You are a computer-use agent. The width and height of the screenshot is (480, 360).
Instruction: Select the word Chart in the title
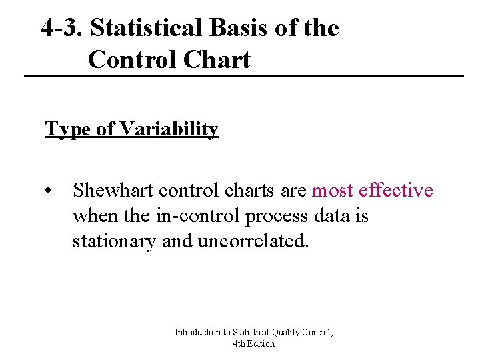click(218, 59)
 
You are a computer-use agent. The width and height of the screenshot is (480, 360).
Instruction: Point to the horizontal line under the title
click(243, 76)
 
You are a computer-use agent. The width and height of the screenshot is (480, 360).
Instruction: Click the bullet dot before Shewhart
click(49, 191)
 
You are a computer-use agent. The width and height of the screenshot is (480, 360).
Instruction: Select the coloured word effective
click(396, 191)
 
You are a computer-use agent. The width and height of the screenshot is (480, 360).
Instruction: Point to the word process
click(273, 216)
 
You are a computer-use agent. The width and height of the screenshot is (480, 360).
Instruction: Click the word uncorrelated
click(253, 241)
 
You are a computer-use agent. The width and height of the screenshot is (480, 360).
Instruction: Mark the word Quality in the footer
click(281, 332)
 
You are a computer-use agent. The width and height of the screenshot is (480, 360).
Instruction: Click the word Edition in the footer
click(261, 343)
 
